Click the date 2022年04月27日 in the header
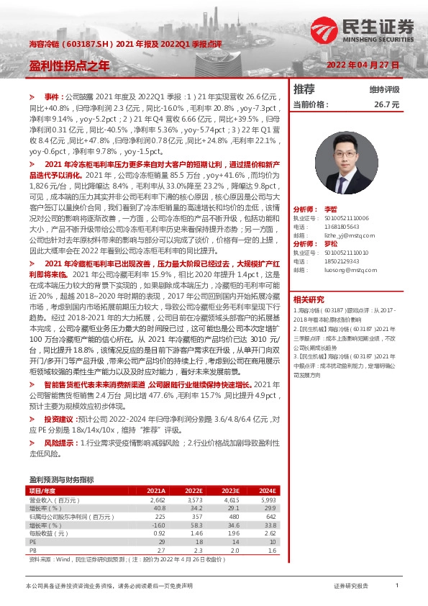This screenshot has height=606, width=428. click(363, 65)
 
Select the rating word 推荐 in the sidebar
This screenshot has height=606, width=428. click(304, 89)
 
